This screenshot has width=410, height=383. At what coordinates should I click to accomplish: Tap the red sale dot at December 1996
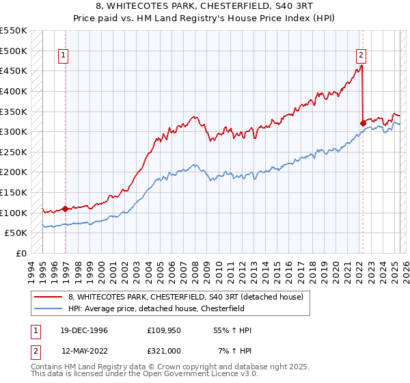tap(66, 209)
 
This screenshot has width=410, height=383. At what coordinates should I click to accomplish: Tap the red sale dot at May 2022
tap(363, 123)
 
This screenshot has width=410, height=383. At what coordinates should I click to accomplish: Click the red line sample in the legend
tap(49, 296)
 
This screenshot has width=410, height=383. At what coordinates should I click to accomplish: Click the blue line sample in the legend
tap(49, 308)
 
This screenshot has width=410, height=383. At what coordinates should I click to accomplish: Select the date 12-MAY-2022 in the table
tap(84, 351)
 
